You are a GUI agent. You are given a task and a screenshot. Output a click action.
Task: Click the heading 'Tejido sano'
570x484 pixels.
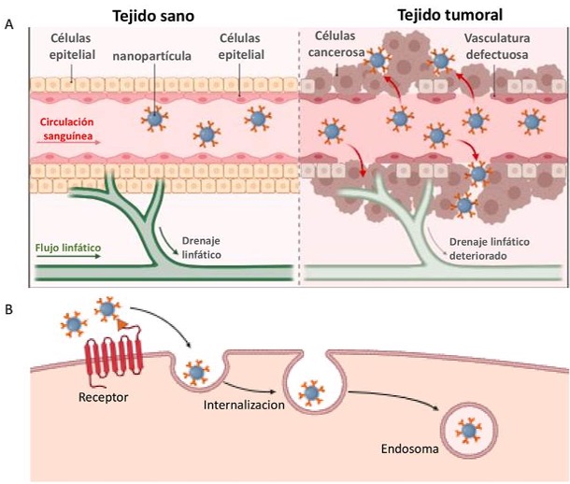point(154,16)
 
